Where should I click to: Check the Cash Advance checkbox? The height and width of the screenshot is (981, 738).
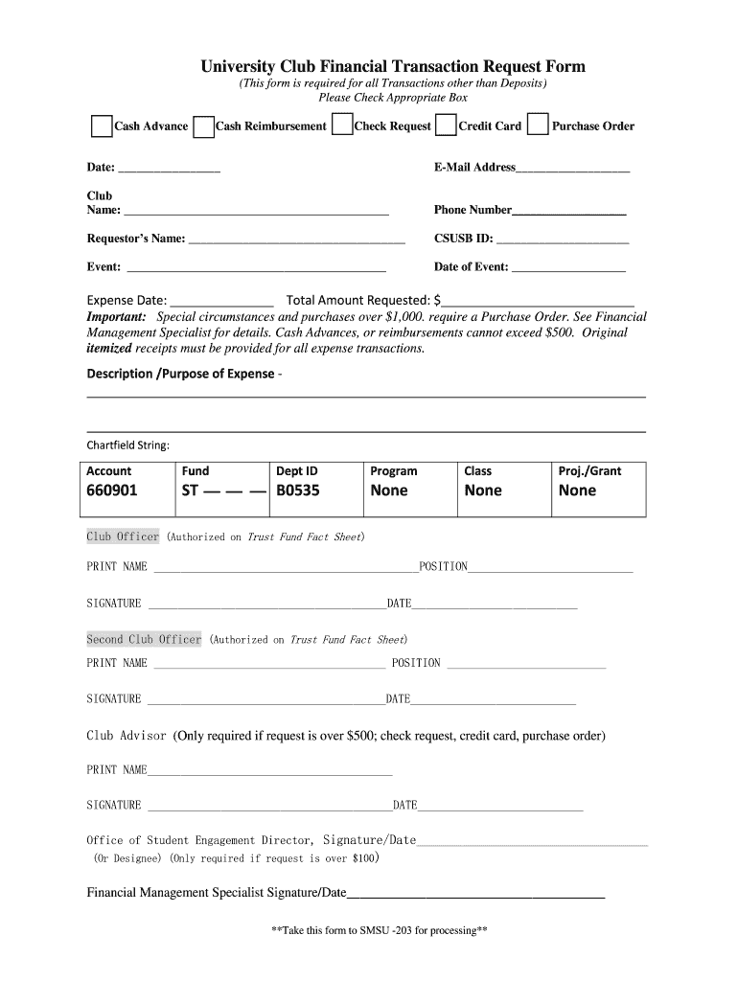(102, 126)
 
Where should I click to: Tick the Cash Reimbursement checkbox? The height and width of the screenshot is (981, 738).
(203, 127)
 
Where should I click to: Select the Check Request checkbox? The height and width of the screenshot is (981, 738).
(341, 126)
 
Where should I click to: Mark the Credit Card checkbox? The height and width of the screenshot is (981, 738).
(446, 126)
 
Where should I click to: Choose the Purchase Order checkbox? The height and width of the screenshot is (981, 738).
(539, 126)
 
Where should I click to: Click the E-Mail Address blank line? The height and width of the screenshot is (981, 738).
(573, 170)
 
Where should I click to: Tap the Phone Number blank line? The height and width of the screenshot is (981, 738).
(569, 212)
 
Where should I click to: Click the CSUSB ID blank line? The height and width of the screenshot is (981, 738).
(562, 241)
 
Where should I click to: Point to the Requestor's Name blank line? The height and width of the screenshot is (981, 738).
(296, 241)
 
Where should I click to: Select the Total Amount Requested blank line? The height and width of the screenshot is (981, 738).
(538, 302)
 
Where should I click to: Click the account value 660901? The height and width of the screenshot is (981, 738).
(112, 490)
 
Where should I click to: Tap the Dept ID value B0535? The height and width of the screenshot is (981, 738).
(298, 490)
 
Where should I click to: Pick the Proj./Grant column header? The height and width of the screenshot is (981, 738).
(589, 470)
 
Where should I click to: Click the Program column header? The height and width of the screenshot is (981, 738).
(394, 470)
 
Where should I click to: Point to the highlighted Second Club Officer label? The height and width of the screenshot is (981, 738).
(144, 639)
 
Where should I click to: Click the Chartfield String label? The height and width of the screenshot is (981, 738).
(128, 445)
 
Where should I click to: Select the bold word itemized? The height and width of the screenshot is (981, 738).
(109, 348)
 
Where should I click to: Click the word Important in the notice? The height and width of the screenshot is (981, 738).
(116, 317)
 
